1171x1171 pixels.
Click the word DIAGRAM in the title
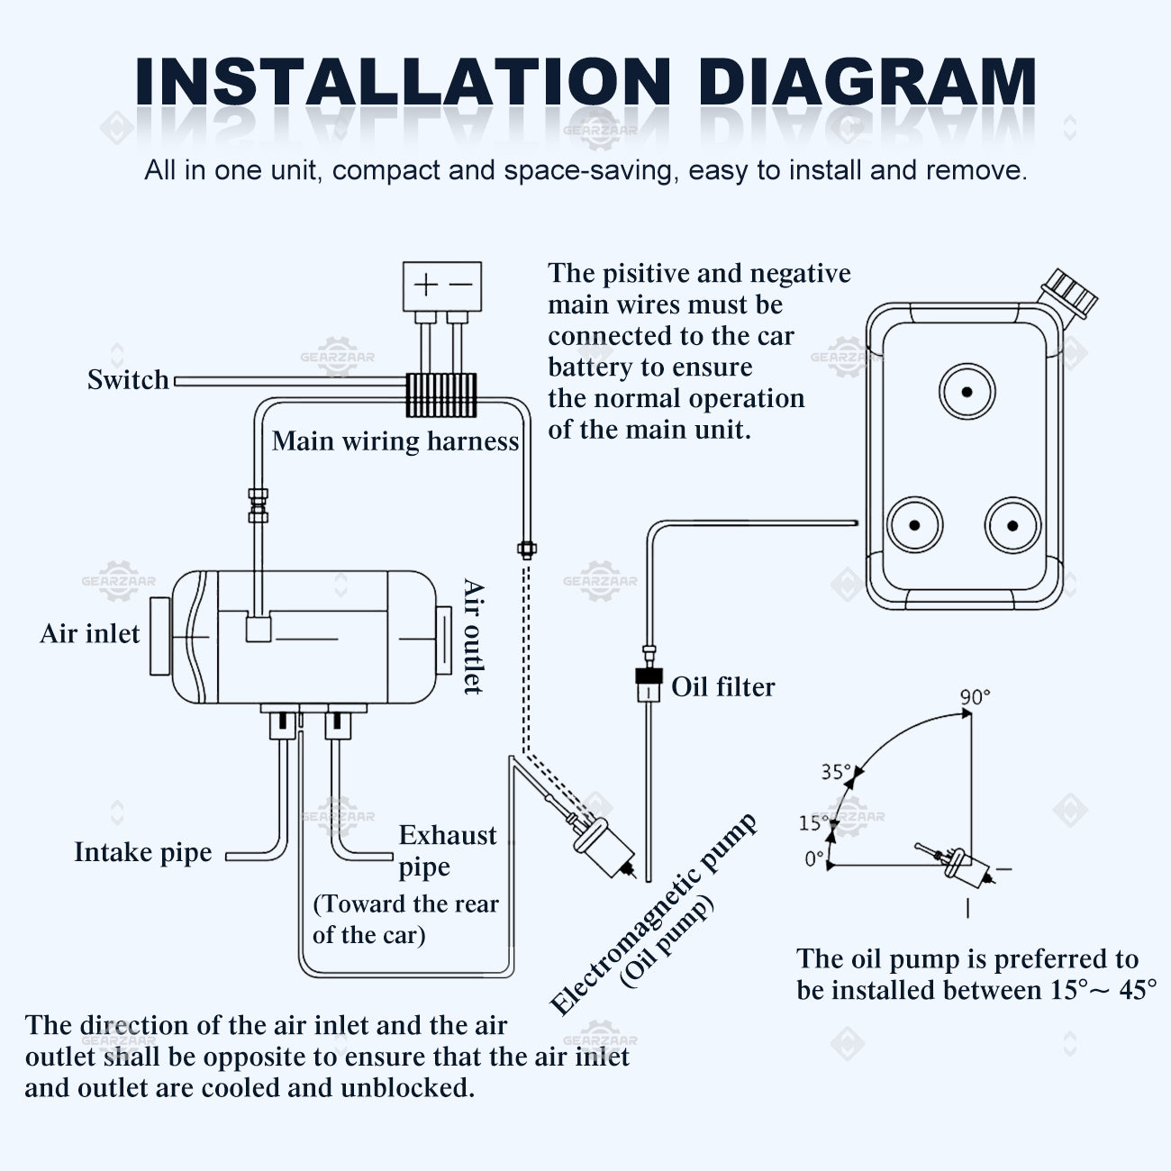(867, 83)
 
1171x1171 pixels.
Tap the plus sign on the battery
(425, 286)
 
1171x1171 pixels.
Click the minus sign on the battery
(460, 286)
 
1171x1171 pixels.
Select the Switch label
(128, 380)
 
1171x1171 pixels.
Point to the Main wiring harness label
(395, 441)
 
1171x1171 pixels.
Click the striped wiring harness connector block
(440, 395)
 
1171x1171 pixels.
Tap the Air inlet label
(90, 634)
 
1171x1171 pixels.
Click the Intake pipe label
(143, 852)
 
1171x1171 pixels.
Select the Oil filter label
(722, 687)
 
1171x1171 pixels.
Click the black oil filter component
(648, 676)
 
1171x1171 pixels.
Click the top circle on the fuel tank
(967, 392)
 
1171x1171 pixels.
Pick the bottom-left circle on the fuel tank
(914, 525)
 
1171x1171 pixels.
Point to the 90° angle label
(975, 697)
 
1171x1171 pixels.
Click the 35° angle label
(835, 772)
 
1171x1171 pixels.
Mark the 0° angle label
(814, 859)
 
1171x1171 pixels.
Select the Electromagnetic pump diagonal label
(654, 914)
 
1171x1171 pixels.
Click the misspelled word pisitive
(649, 274)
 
